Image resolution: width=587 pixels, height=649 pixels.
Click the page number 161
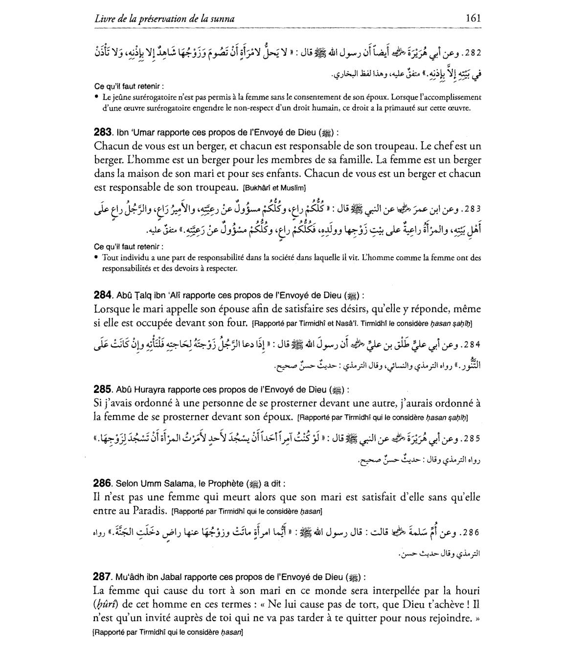473,18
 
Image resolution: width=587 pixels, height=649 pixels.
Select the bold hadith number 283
102,132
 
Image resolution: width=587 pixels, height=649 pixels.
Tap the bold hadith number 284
102,295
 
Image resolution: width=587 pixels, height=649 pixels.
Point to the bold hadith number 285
102,389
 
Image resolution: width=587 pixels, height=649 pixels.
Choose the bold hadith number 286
102,483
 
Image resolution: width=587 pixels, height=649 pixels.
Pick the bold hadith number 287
102,577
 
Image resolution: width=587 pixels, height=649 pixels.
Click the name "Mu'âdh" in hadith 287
129,577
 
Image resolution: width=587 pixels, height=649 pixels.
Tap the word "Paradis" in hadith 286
152,511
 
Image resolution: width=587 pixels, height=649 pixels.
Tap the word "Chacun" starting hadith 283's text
111,146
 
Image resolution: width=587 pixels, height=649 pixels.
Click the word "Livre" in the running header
105,19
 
